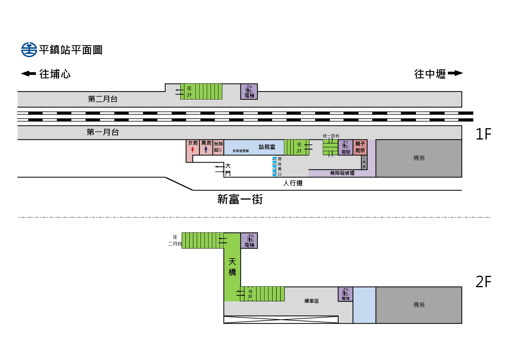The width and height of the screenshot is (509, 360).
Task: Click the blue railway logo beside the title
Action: click(29, 50)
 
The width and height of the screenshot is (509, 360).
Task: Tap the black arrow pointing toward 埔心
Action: click(28, 73)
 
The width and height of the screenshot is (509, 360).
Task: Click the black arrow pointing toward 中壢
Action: click(455, 73)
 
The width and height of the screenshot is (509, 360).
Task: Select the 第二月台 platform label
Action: click(103, 99)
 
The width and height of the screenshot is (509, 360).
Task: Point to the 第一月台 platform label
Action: click(103, 132)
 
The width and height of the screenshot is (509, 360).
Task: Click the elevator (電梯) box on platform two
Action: click(249, 92)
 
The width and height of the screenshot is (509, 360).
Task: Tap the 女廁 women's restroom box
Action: click(193, 147)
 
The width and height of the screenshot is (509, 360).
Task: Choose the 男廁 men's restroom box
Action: click(206, 147)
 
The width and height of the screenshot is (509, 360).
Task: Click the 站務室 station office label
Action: click(267, 147)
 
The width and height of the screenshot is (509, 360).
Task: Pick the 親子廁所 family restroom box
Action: click(360, 147)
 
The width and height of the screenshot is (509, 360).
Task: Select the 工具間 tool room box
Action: click(364, 162)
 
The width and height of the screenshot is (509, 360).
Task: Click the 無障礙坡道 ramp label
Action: click(342, 173)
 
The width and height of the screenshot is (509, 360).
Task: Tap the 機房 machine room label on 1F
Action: click(419, 158)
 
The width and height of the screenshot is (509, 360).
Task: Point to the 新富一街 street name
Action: click(240, 200)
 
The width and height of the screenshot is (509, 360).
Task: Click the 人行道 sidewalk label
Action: click(293, 183)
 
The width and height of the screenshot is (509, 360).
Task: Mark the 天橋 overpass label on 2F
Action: click(232, 267)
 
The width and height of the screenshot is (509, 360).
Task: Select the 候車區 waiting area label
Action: click(311, 301)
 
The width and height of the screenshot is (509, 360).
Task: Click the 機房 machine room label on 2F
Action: click(419, 305)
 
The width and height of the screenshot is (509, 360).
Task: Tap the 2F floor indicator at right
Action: click(483, 282)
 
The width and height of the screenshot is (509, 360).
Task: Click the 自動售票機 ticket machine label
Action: click(241, 151)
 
